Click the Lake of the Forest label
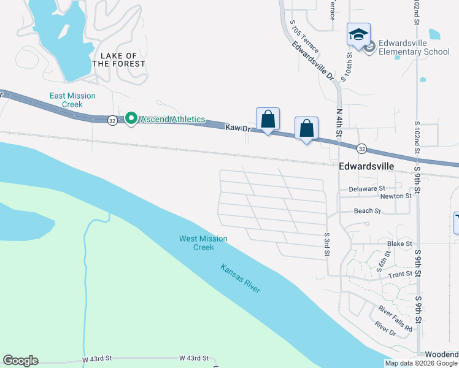point(119,59)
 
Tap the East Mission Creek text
point(72,100)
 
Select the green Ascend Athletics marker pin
point(131,118)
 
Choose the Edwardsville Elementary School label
point(414,47)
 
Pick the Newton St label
point(396,196)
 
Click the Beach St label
point(368,211)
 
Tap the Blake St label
point(399,244)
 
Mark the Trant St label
point(400,274)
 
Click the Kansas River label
point(241,278)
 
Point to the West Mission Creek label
point(203,243)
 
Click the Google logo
point(20,361)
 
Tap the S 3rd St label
point(327,244)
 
